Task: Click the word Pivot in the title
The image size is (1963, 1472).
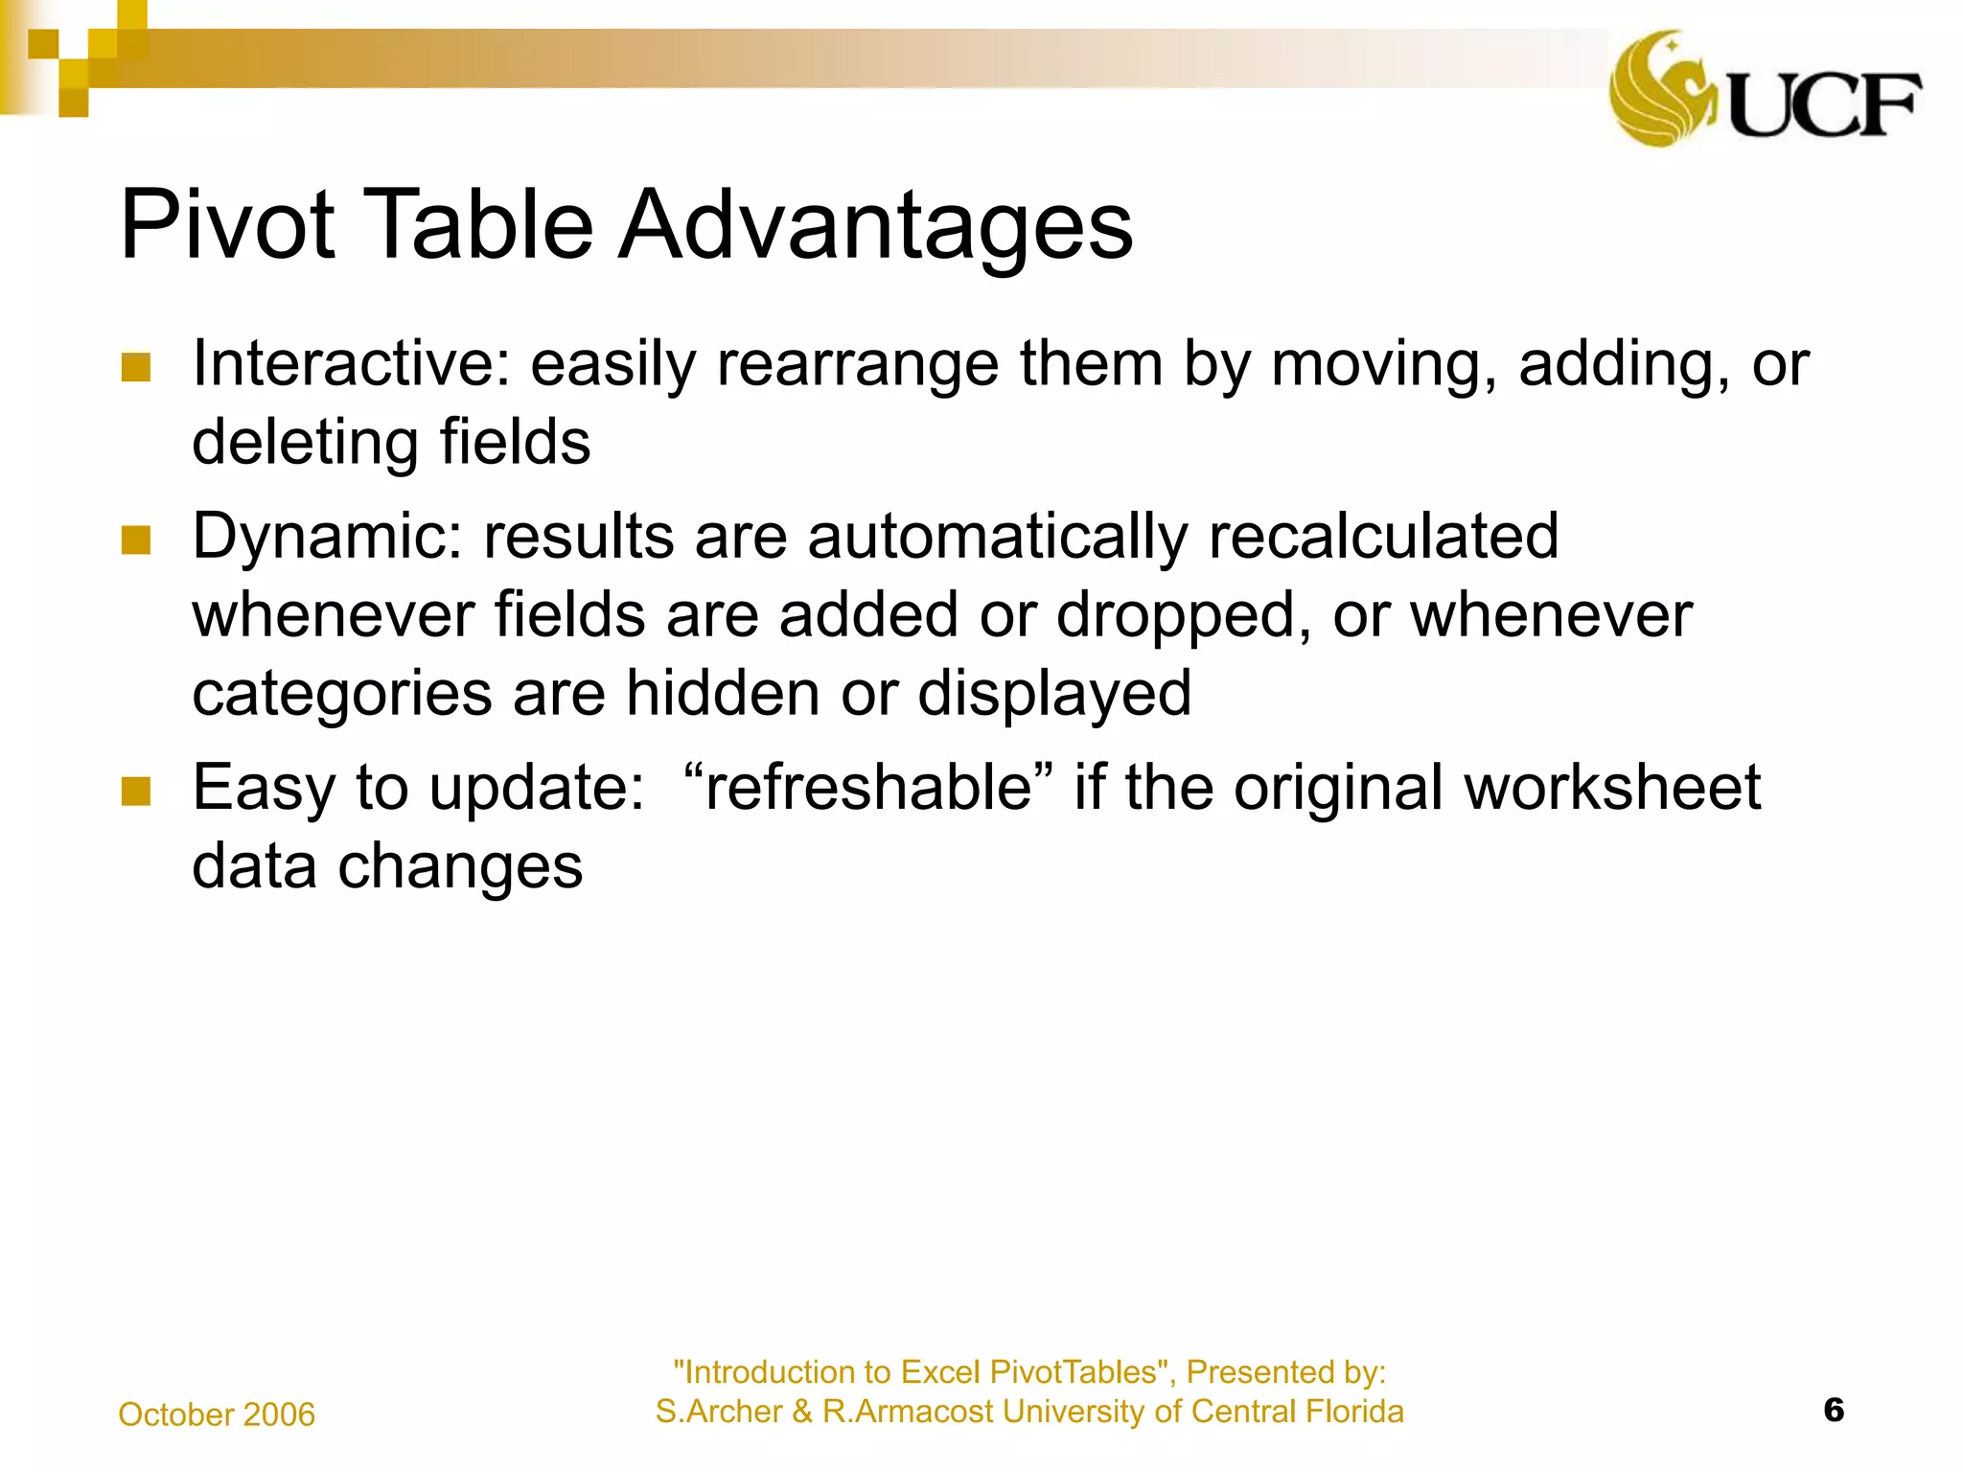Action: (227, 225)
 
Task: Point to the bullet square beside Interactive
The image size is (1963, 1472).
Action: (136, 368)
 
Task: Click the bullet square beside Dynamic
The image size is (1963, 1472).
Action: (136, 540)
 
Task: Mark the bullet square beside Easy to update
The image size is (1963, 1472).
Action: (136, 792)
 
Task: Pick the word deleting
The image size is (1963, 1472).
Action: (305, 443)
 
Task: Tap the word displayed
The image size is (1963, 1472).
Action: (1054, 694)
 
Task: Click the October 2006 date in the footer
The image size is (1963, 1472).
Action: (217, 1414)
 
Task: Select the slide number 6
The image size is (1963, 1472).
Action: (1834, 1411)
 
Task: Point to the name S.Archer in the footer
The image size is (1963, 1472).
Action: (719, 1412)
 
